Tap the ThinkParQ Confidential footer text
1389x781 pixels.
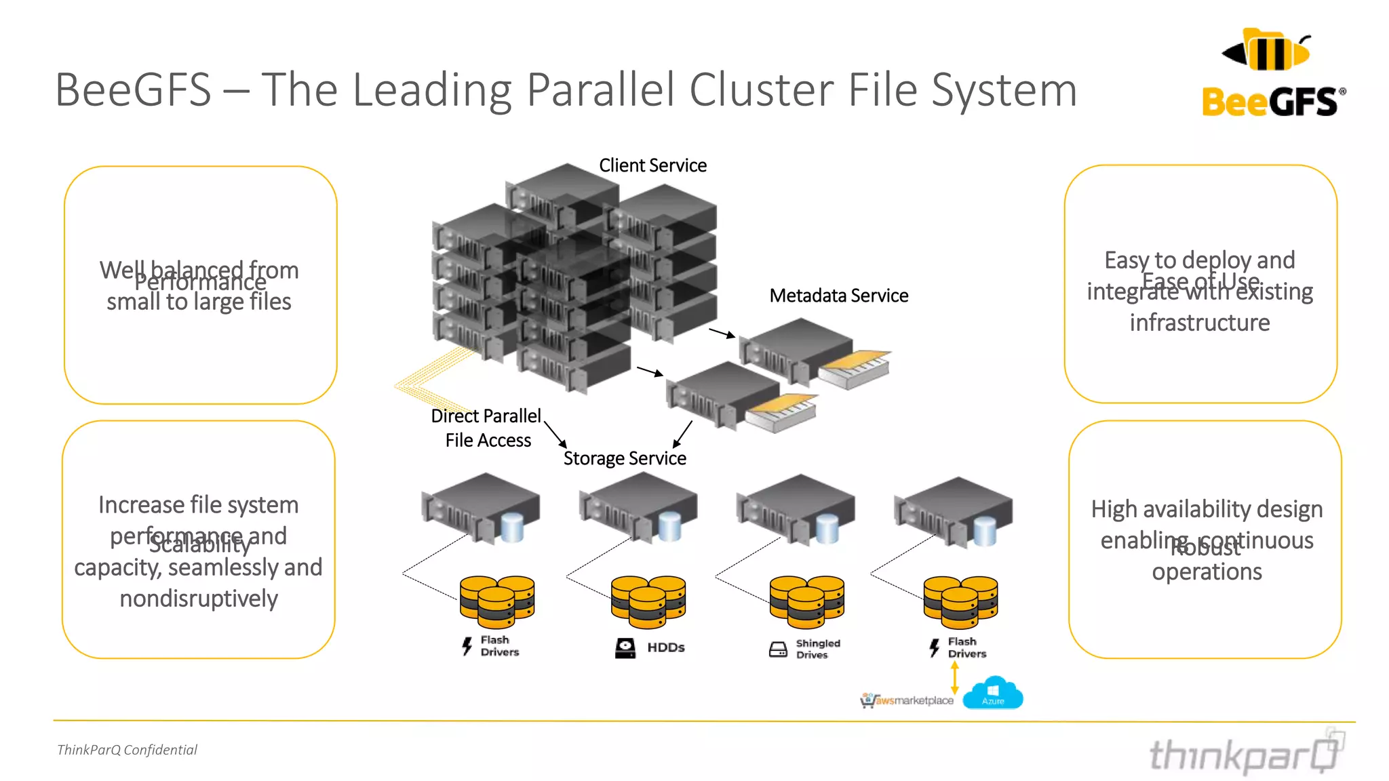[127, 750]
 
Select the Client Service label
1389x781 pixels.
[652, 165]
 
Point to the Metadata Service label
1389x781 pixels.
[838, 296]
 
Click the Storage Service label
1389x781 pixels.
[625, 459]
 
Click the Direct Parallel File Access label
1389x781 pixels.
[487, 428]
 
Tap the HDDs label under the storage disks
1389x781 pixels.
[665, 647]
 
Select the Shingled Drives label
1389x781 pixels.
[817, 649]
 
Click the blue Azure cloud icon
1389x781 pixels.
[993, 693]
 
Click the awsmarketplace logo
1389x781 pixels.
[907, 700]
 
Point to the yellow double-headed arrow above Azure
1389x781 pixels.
[955, 677]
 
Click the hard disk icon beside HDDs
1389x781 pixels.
[625, 648]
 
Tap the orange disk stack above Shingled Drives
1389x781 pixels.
[807, 601]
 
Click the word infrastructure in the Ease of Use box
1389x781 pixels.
[1199, 323]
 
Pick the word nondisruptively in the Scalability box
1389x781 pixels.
[199, 599]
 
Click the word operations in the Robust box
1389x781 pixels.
[1207, 572]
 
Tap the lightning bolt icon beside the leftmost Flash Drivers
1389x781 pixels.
[467, 646]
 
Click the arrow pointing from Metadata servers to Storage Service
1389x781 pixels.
[682, 434]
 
